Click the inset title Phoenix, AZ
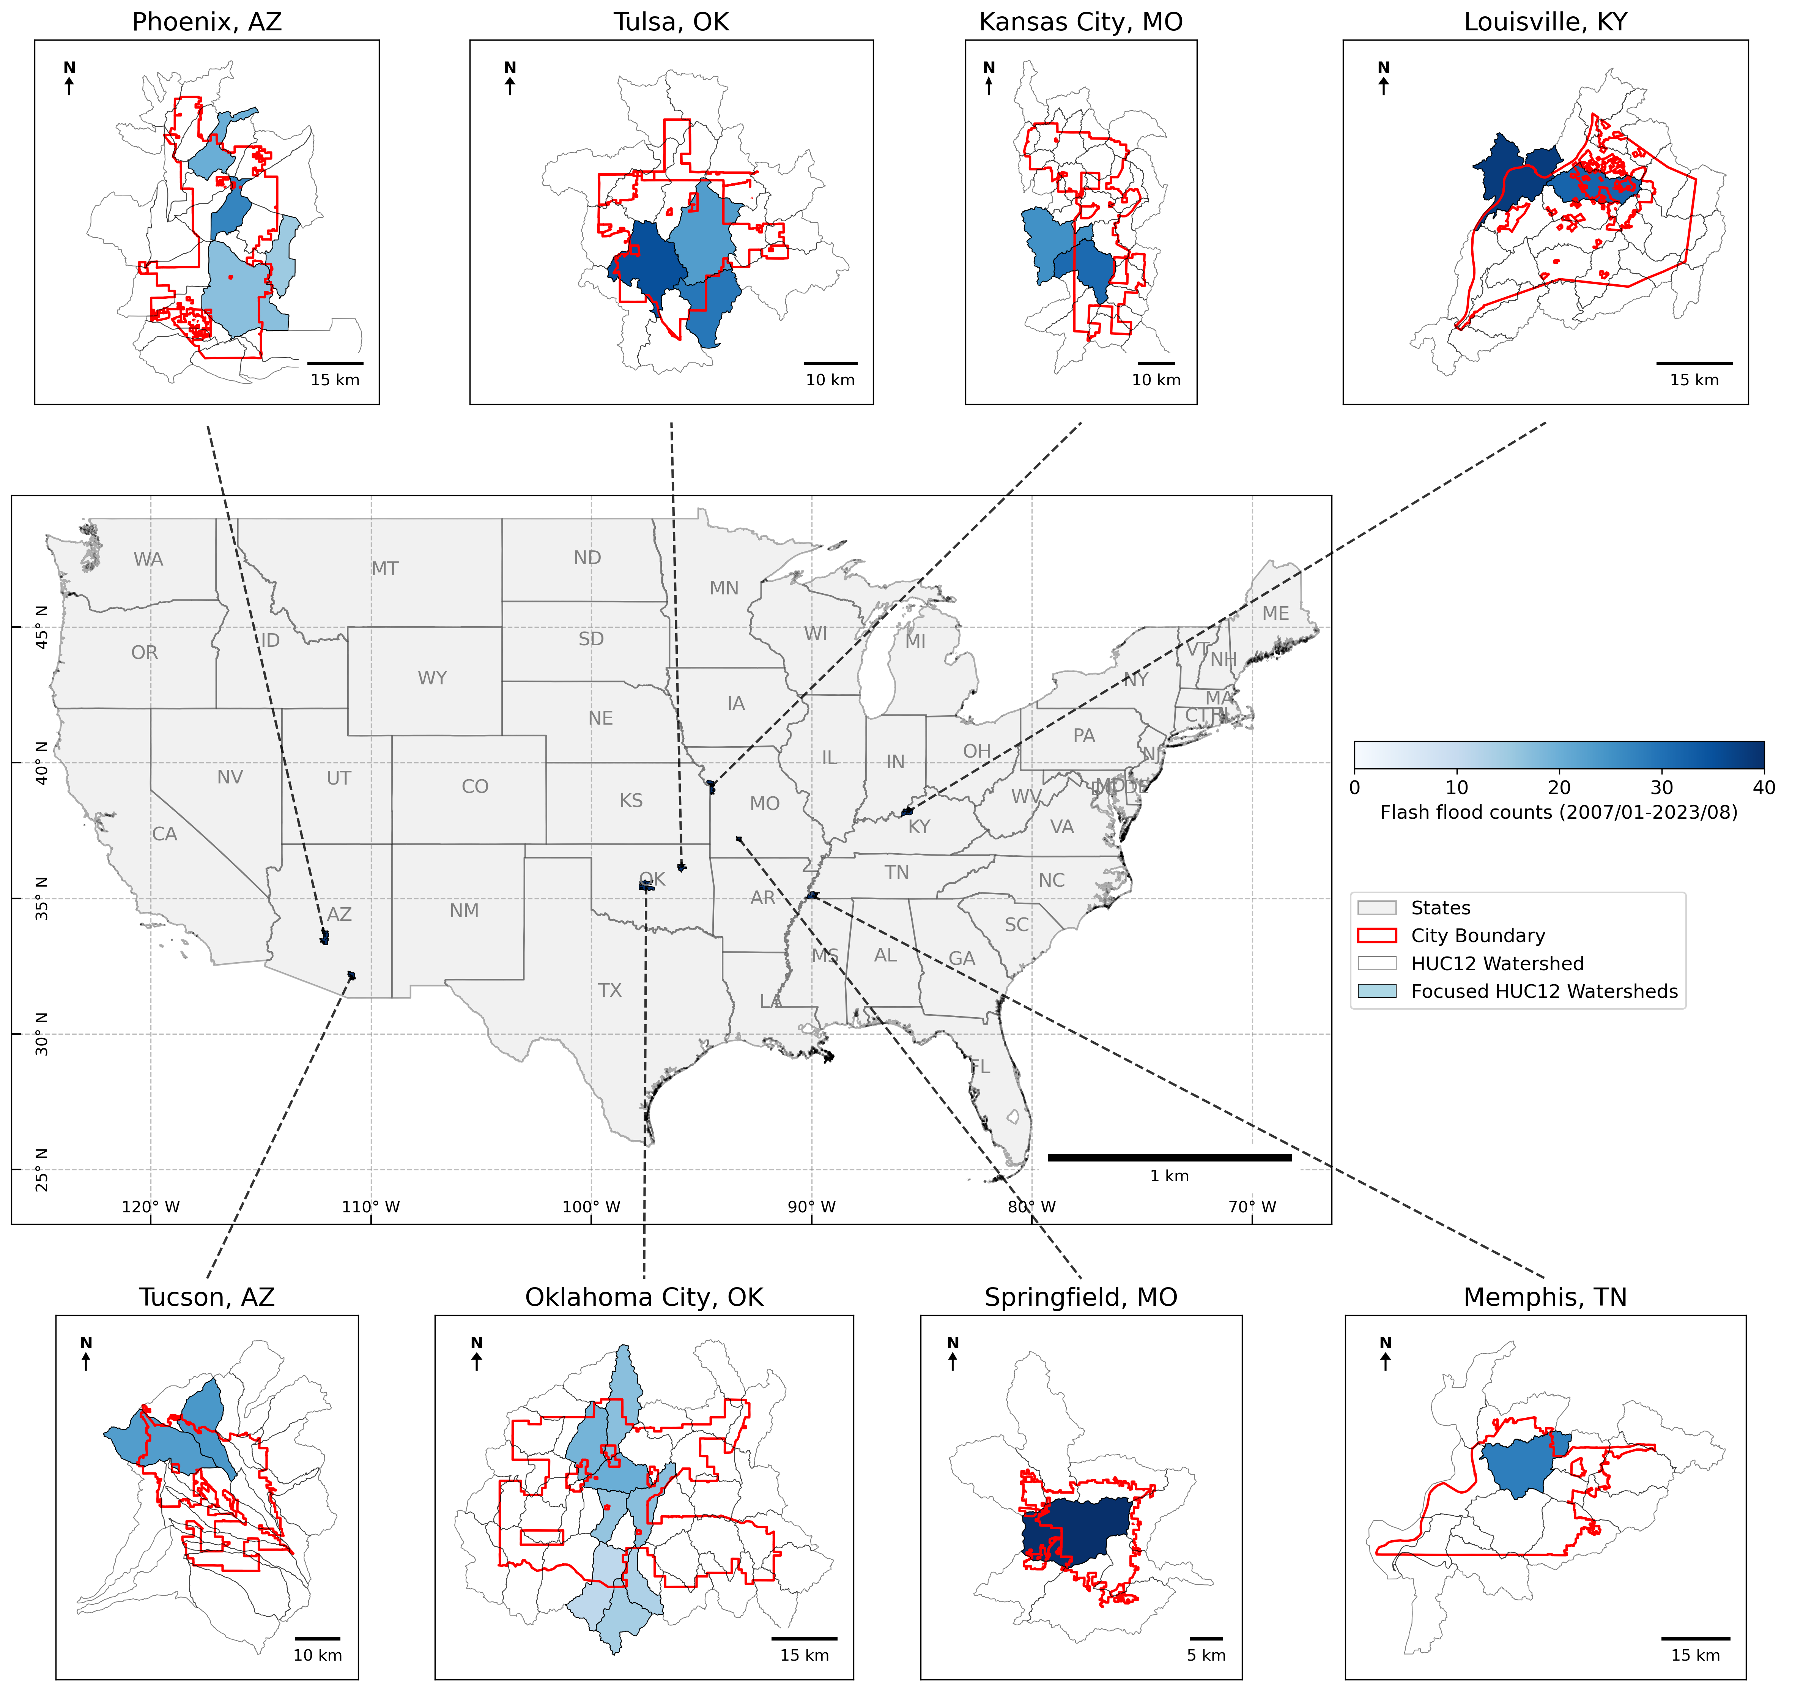click(207, 22)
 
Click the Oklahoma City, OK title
click(644, 1297)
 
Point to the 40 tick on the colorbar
click(1763, 788)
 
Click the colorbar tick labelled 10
click(1457, 788)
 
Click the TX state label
click(609, 990)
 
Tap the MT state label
click(384, 569)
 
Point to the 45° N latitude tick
click(41, 627)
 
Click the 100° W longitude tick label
click(591, 1207)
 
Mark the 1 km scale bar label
click(1169, 1176)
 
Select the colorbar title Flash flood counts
click(1558, 812)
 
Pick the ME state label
click(1275, 613)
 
